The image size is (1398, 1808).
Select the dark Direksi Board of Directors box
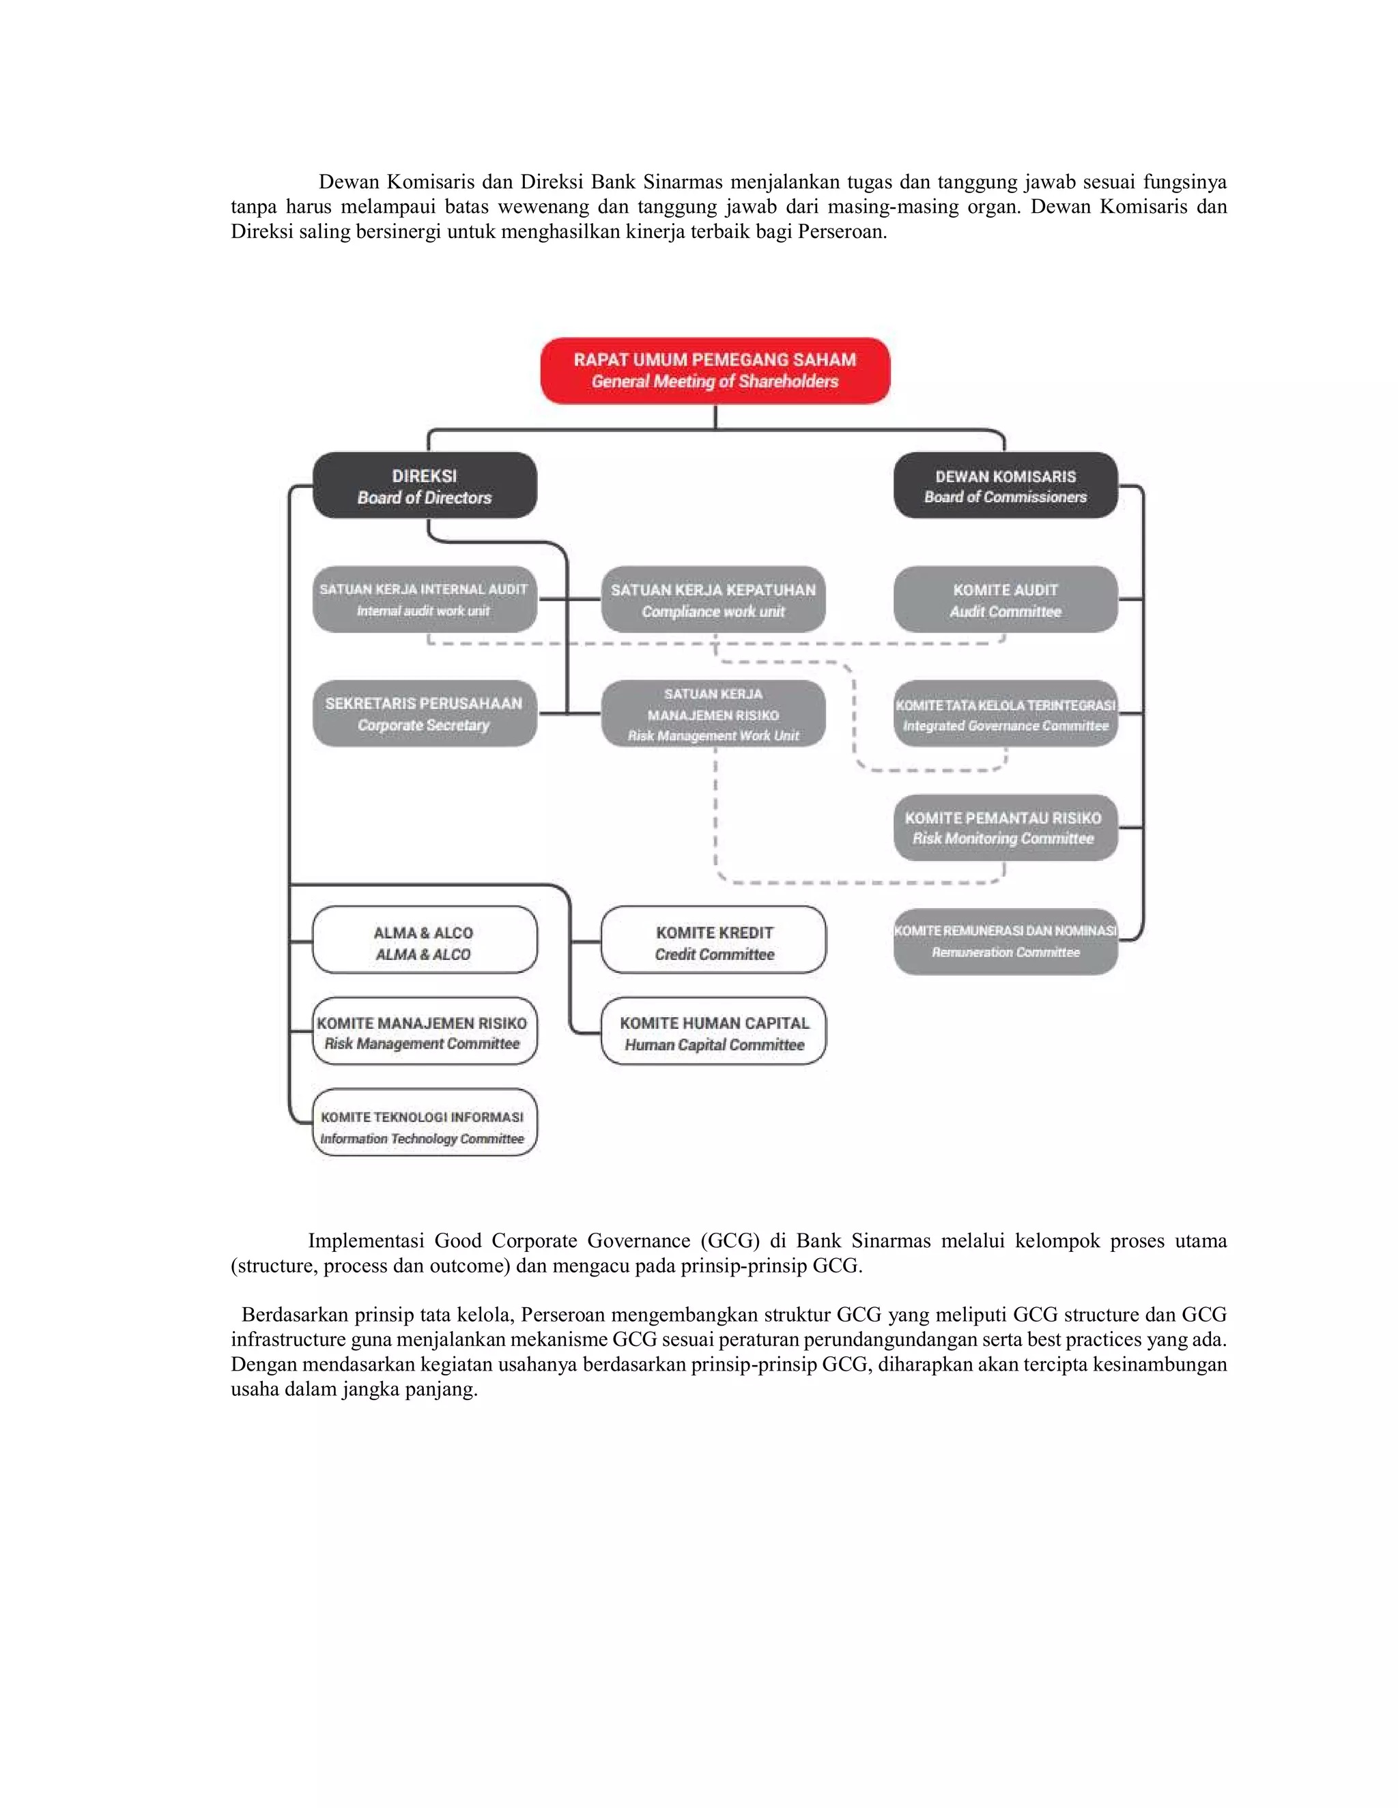coord(424,485)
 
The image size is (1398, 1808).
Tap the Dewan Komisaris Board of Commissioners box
coord(1005,485)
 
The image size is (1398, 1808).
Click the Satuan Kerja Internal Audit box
coord(424,599)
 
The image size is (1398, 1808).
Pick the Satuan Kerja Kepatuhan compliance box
coord(713,599)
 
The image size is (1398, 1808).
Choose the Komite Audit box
coord(1005,599)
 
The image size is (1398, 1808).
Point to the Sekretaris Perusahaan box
coord(424,713)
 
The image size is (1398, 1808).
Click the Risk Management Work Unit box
coord(713,714)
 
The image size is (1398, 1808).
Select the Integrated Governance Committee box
coord(1005,714)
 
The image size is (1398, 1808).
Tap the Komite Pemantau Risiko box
coord(1005,827)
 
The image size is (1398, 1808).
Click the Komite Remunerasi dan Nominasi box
coord(1005,942)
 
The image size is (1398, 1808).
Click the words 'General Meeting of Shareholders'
coord(715,381)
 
